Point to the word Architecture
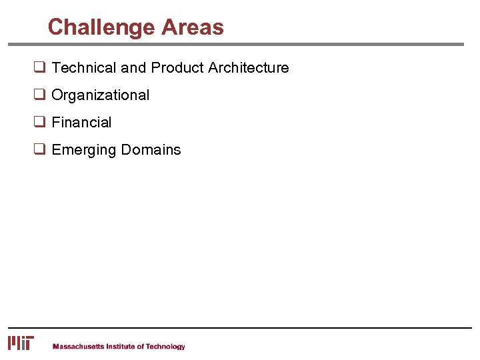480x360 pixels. point(248,68)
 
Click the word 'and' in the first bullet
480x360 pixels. point(133,68)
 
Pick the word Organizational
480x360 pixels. point(100,95)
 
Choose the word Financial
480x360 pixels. point(81,123)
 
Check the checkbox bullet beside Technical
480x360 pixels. point(39,68)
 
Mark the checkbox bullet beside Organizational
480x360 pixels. point(39,95)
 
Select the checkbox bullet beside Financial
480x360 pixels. point(39,123)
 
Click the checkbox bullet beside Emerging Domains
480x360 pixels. point(39,150)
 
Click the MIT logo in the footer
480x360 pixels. point(21,343)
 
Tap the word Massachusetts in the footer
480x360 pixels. point(78,347)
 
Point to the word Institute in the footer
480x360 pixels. point(121,347)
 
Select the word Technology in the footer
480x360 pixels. point(165,347)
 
